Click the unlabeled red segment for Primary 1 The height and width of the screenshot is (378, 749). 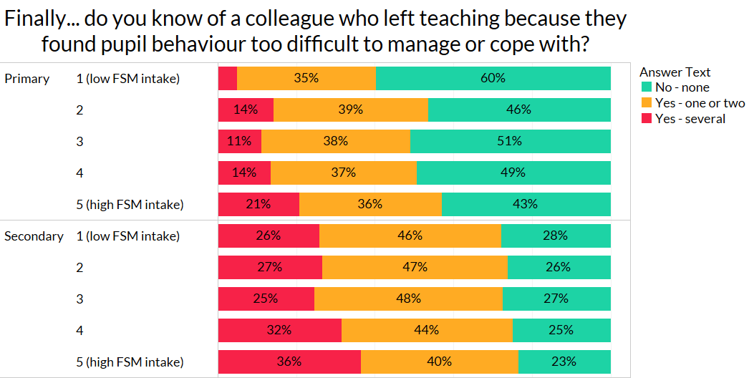[228, 78]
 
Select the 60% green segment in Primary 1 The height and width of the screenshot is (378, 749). [493, 78]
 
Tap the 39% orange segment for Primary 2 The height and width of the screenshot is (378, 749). [351, 110]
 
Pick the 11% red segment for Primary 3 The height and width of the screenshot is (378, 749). [240, 141]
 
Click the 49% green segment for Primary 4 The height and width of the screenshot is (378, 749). [513, 173]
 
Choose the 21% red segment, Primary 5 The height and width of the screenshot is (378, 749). [258, 204]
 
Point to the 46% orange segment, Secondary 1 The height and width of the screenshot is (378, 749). [410, 236]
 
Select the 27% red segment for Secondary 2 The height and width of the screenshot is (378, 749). [270, 267]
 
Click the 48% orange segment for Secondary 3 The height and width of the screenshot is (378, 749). [408, 299]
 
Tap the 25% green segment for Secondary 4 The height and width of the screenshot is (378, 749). [561, 330]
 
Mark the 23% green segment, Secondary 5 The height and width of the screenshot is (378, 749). [564, 362]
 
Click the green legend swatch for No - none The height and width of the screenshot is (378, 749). [646, 87]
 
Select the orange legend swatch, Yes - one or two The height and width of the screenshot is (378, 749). [646, 103]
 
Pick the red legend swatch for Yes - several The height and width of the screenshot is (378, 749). [646, 119]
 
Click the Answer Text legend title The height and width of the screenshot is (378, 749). [675, 72]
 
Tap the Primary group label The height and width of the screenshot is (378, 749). [27, 79]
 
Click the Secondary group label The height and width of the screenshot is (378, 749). [34, 236]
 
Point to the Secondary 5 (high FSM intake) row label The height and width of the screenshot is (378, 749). [130, 362]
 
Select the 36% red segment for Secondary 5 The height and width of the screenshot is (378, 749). [289, 362]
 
